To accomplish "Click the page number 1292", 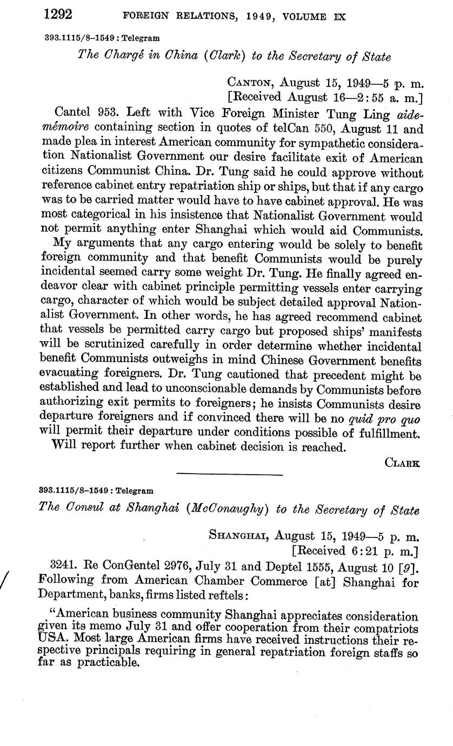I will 58,15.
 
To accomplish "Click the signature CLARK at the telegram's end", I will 403,462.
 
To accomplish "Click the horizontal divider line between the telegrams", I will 230,475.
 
